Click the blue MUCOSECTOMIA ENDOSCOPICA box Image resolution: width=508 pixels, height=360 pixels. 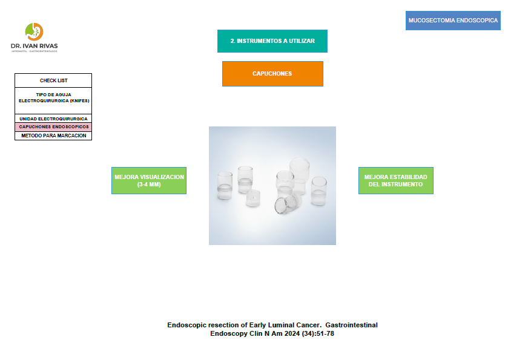[x=453, y=21]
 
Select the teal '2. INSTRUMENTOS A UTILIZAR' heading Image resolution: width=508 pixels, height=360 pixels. [x=272, y=41]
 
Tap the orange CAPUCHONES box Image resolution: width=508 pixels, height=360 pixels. [x=272, y=74]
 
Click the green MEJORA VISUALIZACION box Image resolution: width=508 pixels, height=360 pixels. [x=149, y=181]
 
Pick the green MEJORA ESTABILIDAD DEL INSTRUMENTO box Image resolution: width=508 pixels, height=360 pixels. [x=396, y=181]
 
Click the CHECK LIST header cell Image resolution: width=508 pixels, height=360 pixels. [x=53, y=80]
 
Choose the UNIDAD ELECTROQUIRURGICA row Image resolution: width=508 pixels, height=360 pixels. [x=53, y=119]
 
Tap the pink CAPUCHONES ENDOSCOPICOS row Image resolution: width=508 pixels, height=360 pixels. [x=53, y=127]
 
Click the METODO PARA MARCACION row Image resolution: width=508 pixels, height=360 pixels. [x=53, y=136]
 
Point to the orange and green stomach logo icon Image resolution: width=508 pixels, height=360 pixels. [x=34, y=31]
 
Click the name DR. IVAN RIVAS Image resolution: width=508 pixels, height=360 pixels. [x=35, y=46]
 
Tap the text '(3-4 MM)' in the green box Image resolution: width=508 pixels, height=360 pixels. [x=149, y=185]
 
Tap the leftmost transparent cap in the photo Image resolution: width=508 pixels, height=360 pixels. [x=225, y=186]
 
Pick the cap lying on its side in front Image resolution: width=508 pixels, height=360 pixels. [x=288, y=203]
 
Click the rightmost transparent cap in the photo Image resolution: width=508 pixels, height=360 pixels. [x=319, y=191]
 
